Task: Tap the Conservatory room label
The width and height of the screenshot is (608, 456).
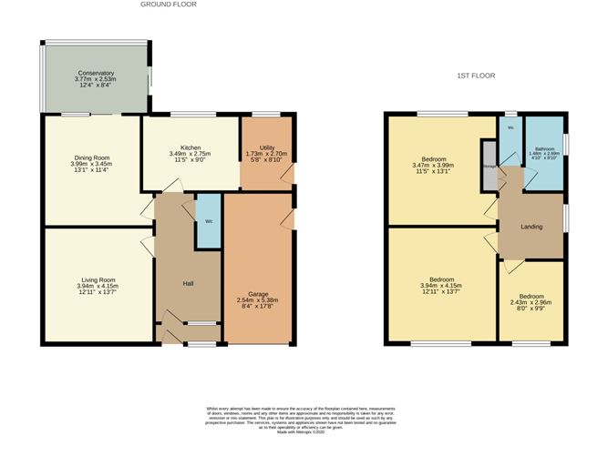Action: pyautogui.click(x=96, y=73)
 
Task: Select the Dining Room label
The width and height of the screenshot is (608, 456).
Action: pyautogui.click(x=91, y=157)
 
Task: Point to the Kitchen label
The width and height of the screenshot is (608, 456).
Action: pyautogui.click(x=191, y=147)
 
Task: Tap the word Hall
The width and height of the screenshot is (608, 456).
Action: pyautogui.click(x=188, y=285)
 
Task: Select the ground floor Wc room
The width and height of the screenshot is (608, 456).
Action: pyautogui.click(x=209, y=221)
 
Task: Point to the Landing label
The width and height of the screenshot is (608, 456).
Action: pyautogui.click(x=531, y=227)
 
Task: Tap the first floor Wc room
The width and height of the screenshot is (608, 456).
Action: pyautogui.click(x=510, y=128)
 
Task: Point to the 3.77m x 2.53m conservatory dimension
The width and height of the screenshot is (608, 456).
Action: pyautogui.click(x=96, y=79)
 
